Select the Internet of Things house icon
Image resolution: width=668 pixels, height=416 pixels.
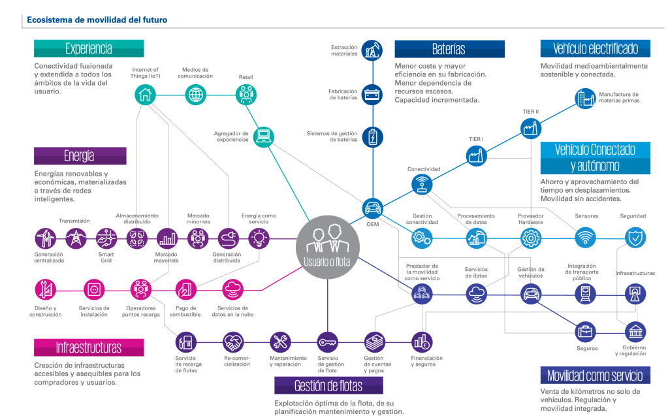pyautogui.click(x=145, y=95)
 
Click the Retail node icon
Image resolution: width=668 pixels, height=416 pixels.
pyautogui.click(x=246, y=95)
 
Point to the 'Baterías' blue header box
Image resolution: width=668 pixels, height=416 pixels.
pyautogui.click(x=449, y=49)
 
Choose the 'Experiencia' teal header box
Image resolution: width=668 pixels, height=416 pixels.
pyautogui.click(x=89, y=48)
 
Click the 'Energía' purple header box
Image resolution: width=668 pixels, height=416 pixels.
pyautogui.click(x=80, y=155)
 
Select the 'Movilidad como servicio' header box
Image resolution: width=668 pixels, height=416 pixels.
pyautogui.click(x=595, y=375)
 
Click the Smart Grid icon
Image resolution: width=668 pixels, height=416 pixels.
pyautogui.click(x=106, y=238)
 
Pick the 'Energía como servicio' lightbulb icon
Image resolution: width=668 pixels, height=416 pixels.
pyautogui.click(x=259, y=238)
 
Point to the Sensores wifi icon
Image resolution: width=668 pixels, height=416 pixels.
pyautogui.click(x=585, y=238)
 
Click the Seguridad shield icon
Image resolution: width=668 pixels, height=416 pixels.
pyautogui.click(x=635, y=238)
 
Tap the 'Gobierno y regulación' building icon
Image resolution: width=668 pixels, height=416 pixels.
pyautogui.click(x=635, y=331)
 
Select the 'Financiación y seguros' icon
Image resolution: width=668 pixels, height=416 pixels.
pyautogui.click(x=421, y=341)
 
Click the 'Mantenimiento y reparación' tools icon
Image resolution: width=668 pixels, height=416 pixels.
pyautogui.click(x=280, y=341)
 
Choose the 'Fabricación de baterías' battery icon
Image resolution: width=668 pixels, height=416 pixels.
pyautogui.click(x=373, y=94)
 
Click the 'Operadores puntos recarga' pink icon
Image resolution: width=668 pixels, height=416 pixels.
pyautogui.click(x=140, y=288)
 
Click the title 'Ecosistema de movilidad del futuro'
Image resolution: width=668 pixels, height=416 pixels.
pyautogui.click(x=97, y=20)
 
